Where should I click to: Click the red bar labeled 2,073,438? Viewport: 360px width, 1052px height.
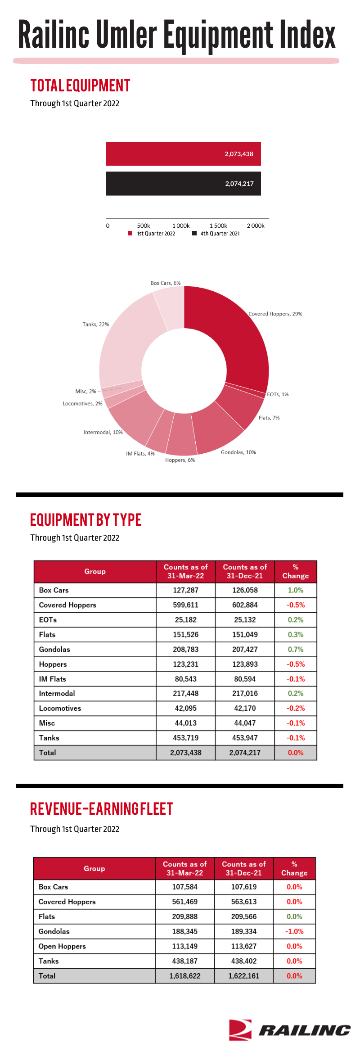tap(184, 154)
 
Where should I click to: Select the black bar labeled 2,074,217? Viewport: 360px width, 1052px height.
tap(184, 184)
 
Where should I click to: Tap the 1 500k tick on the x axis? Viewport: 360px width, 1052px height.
tap(218, 226)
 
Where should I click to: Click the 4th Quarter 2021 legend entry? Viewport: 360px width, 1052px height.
tap(216, 234)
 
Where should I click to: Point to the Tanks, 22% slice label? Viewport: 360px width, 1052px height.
tap(96, 324)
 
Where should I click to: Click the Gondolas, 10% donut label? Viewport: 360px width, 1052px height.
tap(238, 452)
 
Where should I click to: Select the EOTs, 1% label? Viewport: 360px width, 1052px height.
tap(278, 394)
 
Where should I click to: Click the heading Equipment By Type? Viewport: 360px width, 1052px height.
tap(86, 520)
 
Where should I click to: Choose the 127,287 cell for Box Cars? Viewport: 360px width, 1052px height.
tap(186, 590)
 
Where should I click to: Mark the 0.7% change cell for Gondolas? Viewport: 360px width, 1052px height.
tap(296, 649)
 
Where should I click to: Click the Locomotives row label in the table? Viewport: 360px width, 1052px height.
tap(60, 708)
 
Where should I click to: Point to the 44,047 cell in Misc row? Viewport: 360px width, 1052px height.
tap(245, 723)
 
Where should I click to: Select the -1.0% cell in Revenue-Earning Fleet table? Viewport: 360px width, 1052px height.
tap(294, 931)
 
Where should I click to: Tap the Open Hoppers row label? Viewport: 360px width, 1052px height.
tap(62, 946)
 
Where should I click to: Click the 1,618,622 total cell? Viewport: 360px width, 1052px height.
tap(185, 976)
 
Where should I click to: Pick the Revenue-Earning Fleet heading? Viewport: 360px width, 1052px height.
tap(102, 809)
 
